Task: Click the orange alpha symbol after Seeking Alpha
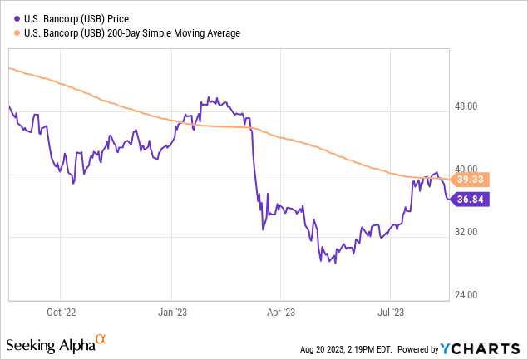[x=101, y=340]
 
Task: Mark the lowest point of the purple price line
[x=335, y=264]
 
